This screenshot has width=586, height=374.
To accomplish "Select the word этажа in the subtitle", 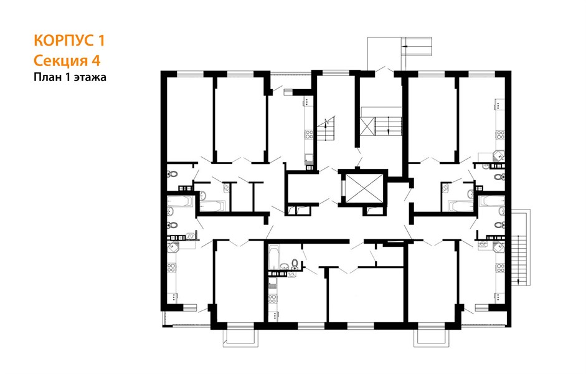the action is pyautogui.click(x=90, y=77).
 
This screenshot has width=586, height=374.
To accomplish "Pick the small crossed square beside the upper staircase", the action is pyautogui.click(x=367, y=125).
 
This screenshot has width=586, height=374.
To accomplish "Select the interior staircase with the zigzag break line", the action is pyautogui.click(x=326, y=128).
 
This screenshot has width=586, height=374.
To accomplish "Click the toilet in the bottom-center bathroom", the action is pyautogui.click(x=295, y=263).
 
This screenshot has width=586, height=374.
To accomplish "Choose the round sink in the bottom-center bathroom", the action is pyautogui.click(x=285, y=266).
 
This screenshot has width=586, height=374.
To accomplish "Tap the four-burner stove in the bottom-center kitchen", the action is pyautogui.click(x=273, y=298).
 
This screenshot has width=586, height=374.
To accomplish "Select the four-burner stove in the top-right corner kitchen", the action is pyautogui.click(x=500, y=135).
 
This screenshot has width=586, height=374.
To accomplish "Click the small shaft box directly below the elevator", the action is pyautogui.click(x=374, y=211).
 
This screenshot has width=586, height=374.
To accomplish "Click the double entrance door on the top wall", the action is pyautogui.click(x=384, y=70).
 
